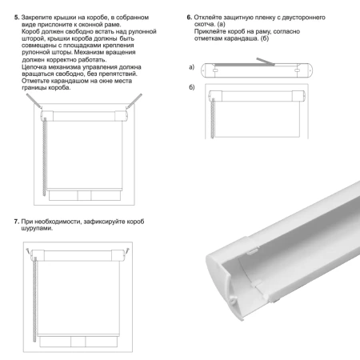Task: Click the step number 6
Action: (189, 15)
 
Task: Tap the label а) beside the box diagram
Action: (191, 66)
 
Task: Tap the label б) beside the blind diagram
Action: (192, 86)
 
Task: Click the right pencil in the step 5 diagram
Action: (136, 99)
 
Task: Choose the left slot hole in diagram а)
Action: (216, 72)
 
